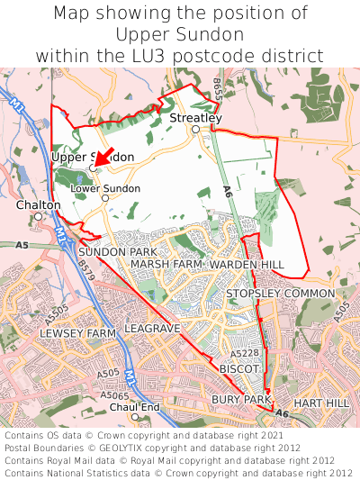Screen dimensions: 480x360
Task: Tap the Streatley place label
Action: [x=195, y=118]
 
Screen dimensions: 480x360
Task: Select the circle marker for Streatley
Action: [x=195, y=130]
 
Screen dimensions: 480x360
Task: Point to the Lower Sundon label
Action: [x=112, y=188]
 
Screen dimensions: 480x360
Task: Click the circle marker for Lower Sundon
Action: [x=104, y=198]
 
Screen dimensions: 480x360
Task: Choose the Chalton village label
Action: [x=39, y=205]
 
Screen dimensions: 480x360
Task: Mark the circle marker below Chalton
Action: [x=38, y=216]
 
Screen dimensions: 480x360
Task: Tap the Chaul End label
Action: [x=134, y=407]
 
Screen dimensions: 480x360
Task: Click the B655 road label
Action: [x=218, y=88]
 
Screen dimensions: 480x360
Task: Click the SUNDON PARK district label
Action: [x=118, y=251]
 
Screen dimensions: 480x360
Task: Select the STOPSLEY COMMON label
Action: [x=280, y=294]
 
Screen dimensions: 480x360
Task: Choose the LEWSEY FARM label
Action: [x=78, y=333]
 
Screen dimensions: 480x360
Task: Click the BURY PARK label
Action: [x=241, y=399]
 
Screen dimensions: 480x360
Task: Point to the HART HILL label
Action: [x=320, y=403]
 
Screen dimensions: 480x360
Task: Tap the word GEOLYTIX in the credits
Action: [x=142, y=446]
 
